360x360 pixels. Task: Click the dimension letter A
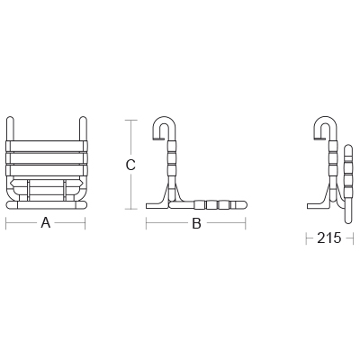coord(46,223)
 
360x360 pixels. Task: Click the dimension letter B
coord(196,223)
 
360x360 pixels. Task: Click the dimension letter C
coord(130,165)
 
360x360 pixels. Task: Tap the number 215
coord(329,238)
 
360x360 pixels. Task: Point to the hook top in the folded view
coord(327,119)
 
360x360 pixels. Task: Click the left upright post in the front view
coord(10,129)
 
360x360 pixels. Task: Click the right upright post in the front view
coord(83,129)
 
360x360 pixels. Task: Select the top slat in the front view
coord(47,146)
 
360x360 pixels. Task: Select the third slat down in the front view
coord(47,171)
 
